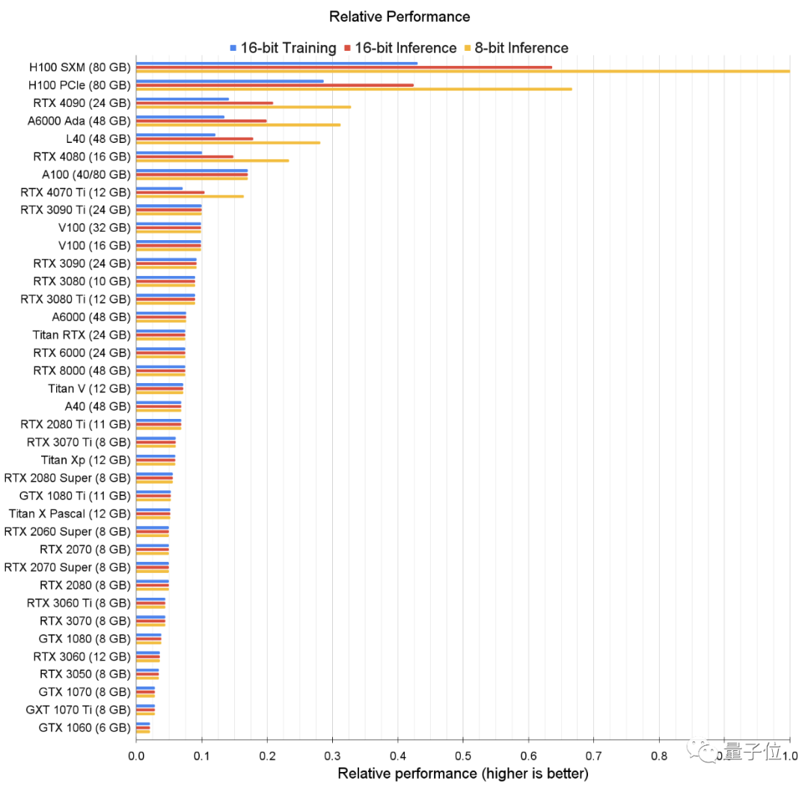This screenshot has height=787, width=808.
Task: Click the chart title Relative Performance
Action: [x=400, y=16]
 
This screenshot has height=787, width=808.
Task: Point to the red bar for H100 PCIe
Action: [x=275, y=85]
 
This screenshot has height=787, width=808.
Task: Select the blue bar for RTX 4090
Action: [x=183, y=99]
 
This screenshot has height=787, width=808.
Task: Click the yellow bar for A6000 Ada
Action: [x=238, y=125]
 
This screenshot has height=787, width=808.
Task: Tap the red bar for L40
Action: [x=195, y=138]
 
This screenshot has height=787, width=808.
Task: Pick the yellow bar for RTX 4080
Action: [x=212, y=160]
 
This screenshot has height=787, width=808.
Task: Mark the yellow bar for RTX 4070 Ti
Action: [x=190, y=196]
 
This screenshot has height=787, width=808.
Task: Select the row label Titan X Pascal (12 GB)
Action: [x=70, y=513]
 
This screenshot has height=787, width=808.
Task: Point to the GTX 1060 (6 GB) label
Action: [x=85, y=727]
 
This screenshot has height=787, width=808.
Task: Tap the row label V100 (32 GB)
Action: [x=94, y=227]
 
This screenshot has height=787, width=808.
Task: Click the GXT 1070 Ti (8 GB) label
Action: [x=79, y=709]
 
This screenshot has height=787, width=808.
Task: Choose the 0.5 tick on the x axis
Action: [x=463, y=756]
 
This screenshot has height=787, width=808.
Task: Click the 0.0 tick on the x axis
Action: [x=136, y=756]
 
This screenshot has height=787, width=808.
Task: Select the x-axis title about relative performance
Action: [x=463, y=773]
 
